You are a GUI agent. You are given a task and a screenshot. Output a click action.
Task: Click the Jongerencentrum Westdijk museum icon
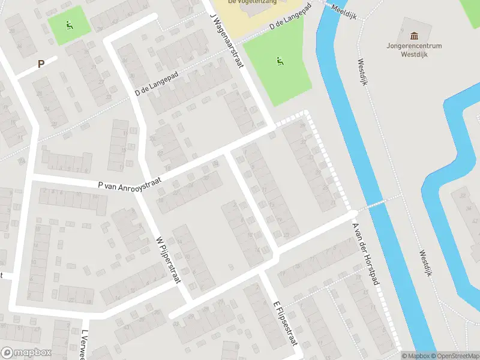point(413,37)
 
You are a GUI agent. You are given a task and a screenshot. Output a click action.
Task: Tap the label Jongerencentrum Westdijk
point(414,49)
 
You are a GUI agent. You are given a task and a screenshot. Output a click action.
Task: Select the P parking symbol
point(41,64)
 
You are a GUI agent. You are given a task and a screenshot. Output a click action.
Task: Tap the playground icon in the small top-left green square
point(70,25)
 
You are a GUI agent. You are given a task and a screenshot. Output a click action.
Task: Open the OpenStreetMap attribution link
point(452,356)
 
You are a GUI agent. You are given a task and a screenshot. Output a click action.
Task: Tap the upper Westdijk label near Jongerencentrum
point(362,72)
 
